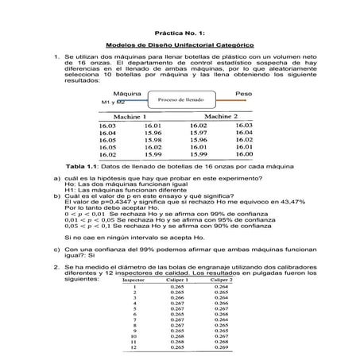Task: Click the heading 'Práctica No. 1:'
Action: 179,21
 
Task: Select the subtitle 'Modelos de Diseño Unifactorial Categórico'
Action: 179,46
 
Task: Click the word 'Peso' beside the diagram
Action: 244,94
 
